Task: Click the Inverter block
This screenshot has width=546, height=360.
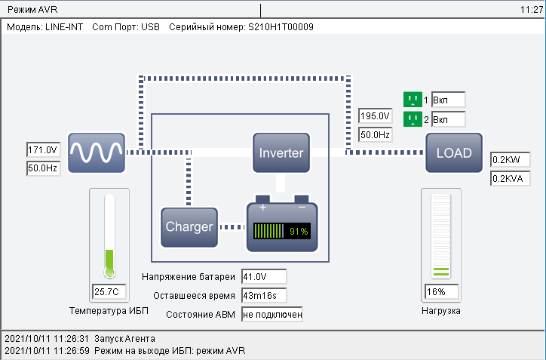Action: [281, 152]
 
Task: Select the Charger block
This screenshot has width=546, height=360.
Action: [190, 226]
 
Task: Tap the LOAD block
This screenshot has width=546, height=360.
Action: [454, 153]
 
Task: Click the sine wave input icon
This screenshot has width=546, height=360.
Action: [97, 153]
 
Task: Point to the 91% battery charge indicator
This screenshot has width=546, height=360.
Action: [282, 231]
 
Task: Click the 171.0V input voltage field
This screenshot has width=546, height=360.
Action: [42, 150]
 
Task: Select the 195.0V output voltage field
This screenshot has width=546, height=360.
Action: [375, 116]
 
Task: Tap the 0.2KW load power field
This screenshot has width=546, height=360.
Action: [510, 160]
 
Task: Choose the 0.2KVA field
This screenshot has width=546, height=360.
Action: [510, 179]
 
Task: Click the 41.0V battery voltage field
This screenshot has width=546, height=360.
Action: [264, 277]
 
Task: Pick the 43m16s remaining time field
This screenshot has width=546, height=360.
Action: [264, 295]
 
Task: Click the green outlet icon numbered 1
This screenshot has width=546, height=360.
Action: [413, 100]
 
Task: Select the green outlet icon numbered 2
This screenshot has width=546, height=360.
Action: [413, 119]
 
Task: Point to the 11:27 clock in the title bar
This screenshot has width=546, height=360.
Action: [531, 11]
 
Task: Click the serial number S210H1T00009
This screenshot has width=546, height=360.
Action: [281, 27]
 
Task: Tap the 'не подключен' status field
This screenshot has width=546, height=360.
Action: [271, 314]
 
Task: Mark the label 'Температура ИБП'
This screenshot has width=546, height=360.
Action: [109, 310]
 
